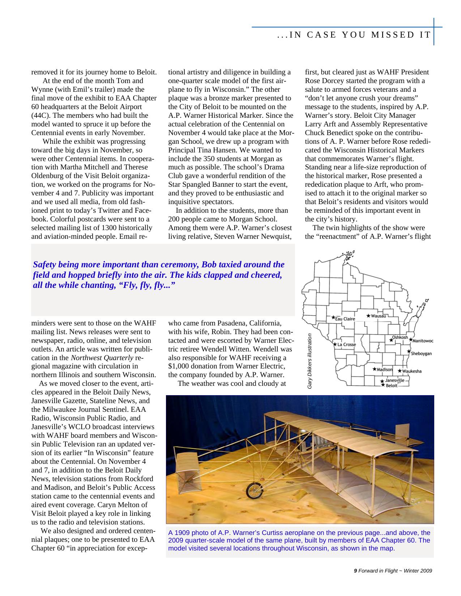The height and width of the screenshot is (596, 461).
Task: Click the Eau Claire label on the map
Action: click(x=345, y=319)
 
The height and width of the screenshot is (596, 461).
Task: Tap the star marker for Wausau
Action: click(x=368, y=315)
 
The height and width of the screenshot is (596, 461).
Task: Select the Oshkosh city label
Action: click(x=400, y=337)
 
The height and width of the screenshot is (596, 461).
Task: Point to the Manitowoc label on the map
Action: click(x=423, y=341)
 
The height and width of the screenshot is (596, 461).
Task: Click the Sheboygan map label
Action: click(x=421, y=354)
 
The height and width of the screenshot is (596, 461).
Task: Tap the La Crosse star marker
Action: click(x=335, y=344)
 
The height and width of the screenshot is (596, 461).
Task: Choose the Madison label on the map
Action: click(x=384, y=370)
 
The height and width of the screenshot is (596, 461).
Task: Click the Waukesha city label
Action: click(x=412, y=371)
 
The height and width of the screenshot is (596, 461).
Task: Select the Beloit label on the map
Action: click(x=392, y=386)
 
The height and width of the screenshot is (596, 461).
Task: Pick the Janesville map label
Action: click(x=394, y=380)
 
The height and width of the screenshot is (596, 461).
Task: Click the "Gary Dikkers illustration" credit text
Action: click(x=310, y=361)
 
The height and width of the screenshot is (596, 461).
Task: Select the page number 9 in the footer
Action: click(x=355, y=571)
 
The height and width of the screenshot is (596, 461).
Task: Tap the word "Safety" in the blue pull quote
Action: click(x=44, y=265)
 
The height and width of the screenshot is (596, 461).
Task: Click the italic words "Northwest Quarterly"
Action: click(x=102, y=358)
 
